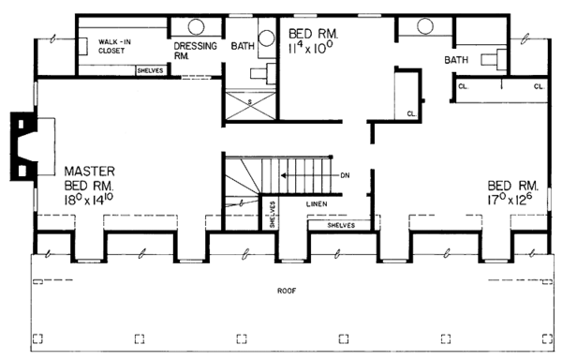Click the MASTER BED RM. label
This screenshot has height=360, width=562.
click(90, 178)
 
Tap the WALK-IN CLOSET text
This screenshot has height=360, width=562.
click(114, 46)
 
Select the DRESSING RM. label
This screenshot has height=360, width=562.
click(196, 51)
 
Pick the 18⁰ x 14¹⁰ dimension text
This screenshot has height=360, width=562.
click(89, 200)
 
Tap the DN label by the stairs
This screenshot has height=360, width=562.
click(345, 175)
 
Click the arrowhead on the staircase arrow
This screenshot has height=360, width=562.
click(284, 175)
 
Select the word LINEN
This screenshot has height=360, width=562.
click(317, 204)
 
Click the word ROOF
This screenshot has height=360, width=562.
click(287, 291)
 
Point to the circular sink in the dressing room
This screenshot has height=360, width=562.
click(196, 26)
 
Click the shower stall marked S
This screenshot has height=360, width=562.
click(250, 105)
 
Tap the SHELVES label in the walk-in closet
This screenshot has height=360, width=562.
click(150, 70)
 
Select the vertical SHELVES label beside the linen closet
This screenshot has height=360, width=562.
click(272, 215)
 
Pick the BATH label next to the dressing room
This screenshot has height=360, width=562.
click(243, 46)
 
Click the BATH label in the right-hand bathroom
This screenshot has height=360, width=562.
click(456, 59)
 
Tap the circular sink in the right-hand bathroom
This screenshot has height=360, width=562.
click(425, 26)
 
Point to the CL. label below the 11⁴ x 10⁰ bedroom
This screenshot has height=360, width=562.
click(411, 114)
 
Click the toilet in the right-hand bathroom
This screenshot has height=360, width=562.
click(494, 58)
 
